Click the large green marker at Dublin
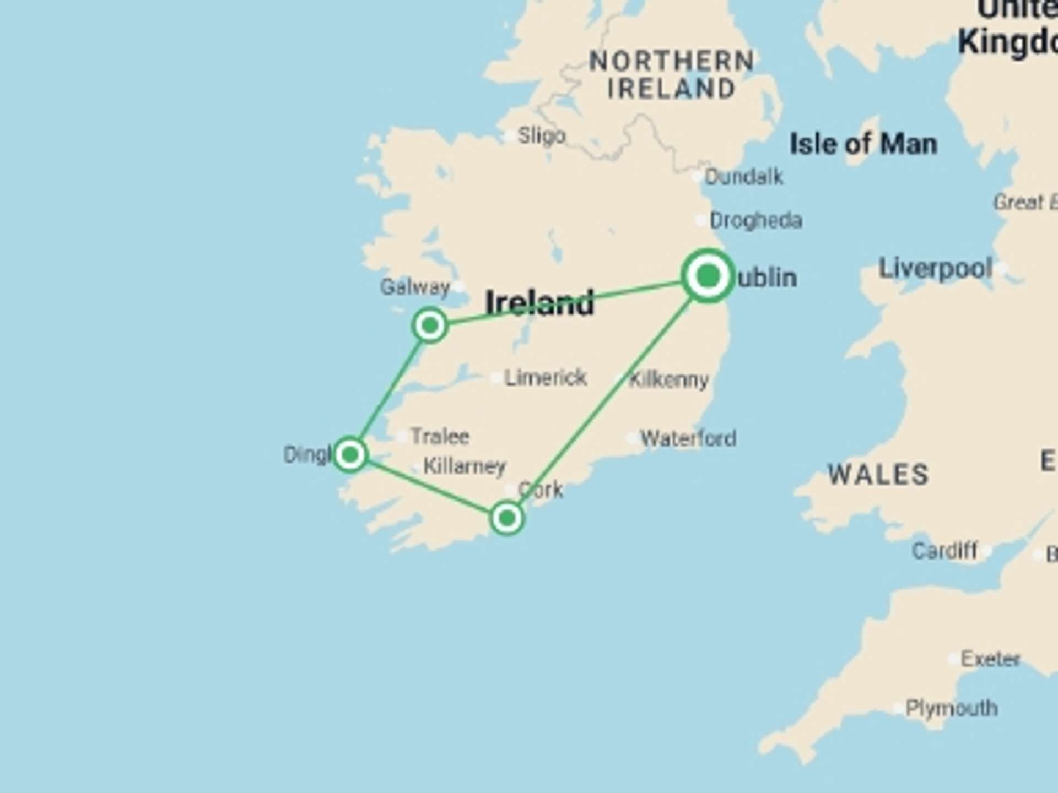point(708,275)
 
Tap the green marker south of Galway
point(430,325)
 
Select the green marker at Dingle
point(350,454)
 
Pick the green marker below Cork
point(506,518)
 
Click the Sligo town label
point(541,135)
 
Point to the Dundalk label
point(743,177)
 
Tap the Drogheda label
point(755,220)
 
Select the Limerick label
point(546,378)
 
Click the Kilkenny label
point(668,379)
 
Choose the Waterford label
point(688,438)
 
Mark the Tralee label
point(440,436)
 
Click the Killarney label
point(464,466)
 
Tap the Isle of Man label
point(863,144)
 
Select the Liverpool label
point(935,269)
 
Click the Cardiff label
point(944,551)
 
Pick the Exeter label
point(990,659)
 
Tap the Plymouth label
point(951,708)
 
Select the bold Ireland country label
point(539,303)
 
